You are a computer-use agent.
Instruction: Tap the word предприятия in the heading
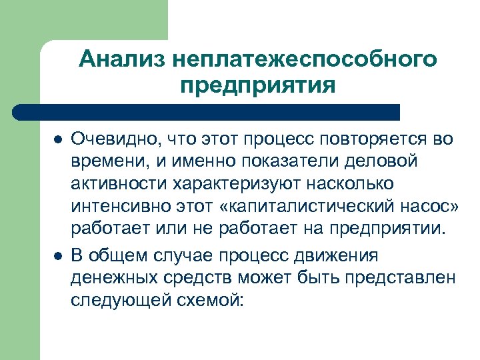[x=257, y=86]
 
